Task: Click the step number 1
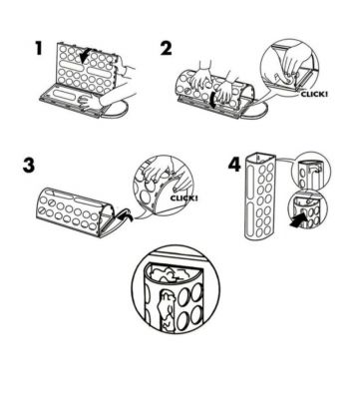pyautogui.click(x=39, y=49)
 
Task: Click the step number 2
pyautogui.click(x=167, y=49)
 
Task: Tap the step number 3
pyautogui.click(x=29, y=166)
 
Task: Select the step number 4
pyautogui.click(x=234, y=165)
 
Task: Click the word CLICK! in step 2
pyautogui.click(x=314, y=94)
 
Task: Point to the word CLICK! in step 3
pyautogui.click(x=183, y=199)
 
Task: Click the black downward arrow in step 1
pyautogui.click(x=84, y=56)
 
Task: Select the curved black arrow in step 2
pyautogui.click(x=212, y=99)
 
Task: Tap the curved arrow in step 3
pyautogui.click(x=124, y=214)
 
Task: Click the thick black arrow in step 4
pyautogui.click(x=298, y=220)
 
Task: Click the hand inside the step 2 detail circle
pyautogui.click(x=292, y=68)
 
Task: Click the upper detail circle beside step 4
pyautogui.click(x=310, y=171)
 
